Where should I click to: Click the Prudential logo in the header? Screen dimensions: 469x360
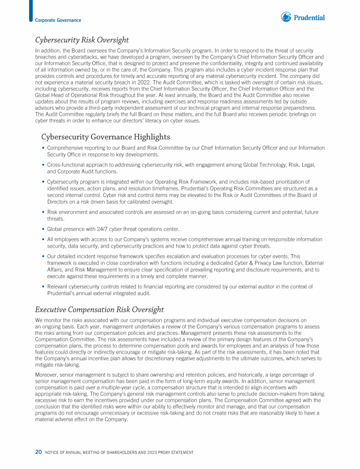(x=303, y=17)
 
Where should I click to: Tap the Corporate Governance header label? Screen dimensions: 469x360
(x=58, y=20)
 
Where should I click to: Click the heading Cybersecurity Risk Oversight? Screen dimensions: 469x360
(x=82, y=40)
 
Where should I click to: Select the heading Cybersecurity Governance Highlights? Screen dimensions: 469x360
(x=105, y=137)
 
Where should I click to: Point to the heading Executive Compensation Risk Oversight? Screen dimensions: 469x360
(x=99, y=310)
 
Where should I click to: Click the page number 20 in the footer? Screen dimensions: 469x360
(x=38, y=452)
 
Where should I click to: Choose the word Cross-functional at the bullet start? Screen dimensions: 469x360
(x=65, y=165)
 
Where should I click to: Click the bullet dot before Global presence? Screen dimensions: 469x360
(x=43, y=229)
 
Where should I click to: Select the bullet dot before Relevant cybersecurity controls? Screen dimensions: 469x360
(x=43, y=287)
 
